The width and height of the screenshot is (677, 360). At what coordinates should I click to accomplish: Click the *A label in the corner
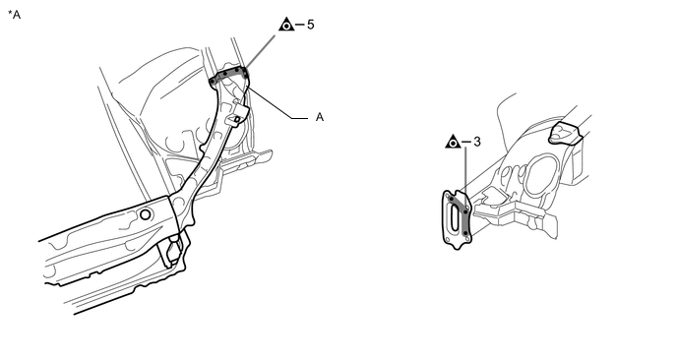pos(14,14)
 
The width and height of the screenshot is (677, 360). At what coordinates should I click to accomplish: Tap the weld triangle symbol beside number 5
pos(286,25)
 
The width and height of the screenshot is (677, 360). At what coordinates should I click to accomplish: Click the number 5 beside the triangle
pos(310,25)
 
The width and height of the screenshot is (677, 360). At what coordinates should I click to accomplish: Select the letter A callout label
pos(320,117)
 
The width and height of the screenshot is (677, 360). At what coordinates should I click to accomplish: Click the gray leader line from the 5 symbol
pos(260,51)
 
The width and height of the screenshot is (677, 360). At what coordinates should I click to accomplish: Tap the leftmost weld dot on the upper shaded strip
pos(213,81)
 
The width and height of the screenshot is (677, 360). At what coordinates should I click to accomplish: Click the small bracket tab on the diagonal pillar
pos(237,115)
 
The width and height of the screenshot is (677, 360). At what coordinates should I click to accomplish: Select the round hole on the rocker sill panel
pos(146,214)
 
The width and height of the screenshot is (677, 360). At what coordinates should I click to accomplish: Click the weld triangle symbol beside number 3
pos(453,142)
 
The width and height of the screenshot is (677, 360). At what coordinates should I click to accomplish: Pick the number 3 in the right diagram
pos(476,142)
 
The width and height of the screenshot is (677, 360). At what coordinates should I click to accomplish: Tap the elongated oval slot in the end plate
pos(455,217)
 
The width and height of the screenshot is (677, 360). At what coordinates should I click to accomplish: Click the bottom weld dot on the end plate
pos(465,233)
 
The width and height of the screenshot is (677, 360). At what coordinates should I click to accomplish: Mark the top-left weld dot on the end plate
pos(452,199)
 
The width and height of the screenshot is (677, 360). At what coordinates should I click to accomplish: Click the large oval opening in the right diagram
pos(539,176)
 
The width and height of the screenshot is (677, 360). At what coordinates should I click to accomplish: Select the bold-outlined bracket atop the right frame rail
pos(565,133)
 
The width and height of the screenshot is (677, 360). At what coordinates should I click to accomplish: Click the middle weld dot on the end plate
pos(465,211)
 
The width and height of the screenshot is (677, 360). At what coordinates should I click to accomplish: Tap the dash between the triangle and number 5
pos(300,25)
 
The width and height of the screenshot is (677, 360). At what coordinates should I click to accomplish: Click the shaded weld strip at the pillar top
pos(229,75)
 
